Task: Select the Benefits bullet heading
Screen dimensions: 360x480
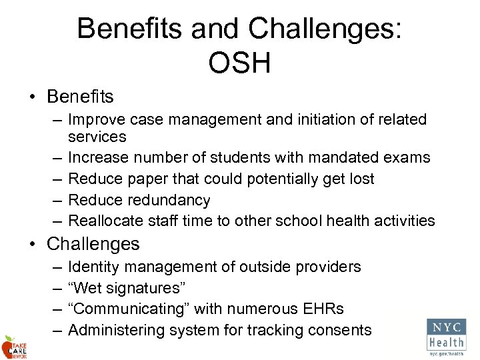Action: click(x=80, y=97)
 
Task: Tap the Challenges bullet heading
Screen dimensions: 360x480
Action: click(x=93, y=244)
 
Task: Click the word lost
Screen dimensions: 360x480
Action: click(x=361, y=179)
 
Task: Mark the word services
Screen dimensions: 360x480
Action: click(x=97, y=137)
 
